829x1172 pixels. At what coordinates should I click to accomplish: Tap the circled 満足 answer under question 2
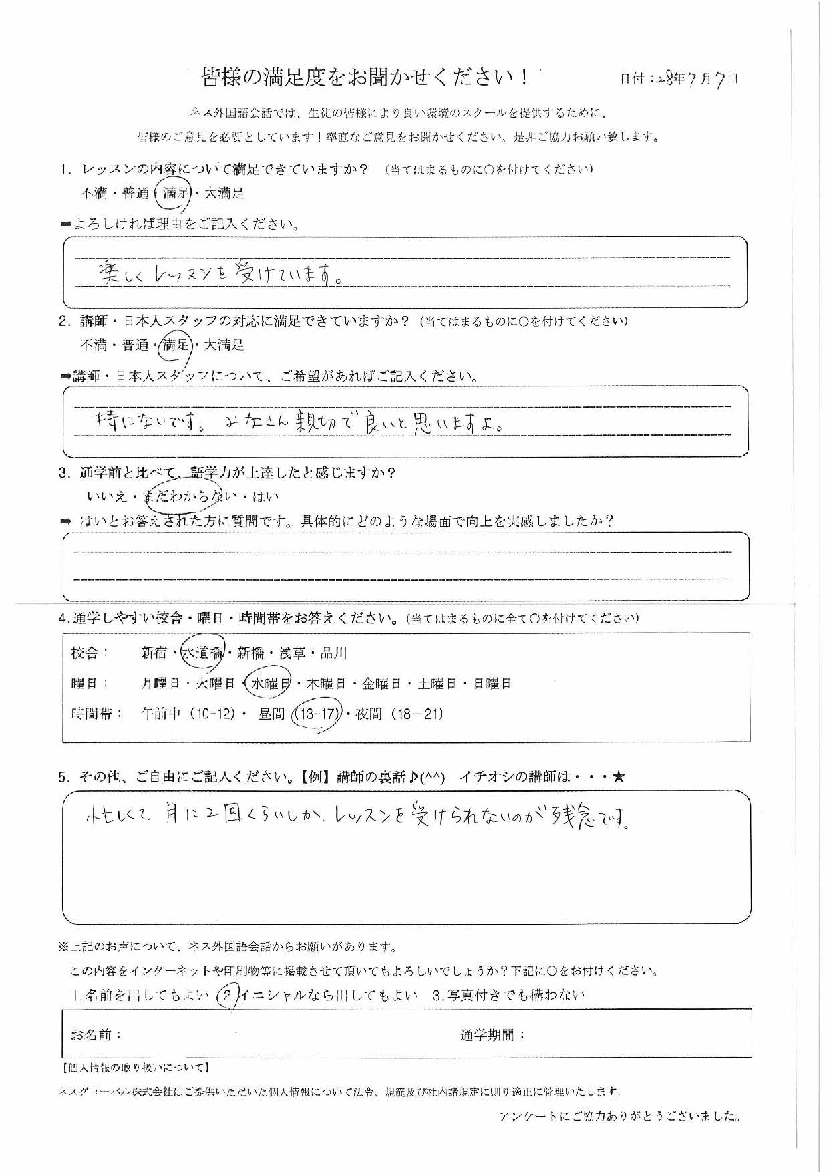(176, 345)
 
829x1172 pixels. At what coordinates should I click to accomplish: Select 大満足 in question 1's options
(224, 194)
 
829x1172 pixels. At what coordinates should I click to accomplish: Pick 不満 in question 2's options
(94, 345)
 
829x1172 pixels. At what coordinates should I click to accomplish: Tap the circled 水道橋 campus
(202, 653)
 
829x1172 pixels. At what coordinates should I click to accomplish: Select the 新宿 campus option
(154, 653)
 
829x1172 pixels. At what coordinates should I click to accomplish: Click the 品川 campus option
(333, 653)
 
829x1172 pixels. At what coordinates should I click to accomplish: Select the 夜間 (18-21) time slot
(399, 714)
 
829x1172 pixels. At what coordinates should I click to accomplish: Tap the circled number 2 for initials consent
(228, 996)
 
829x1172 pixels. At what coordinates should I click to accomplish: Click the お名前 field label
(96, 1035)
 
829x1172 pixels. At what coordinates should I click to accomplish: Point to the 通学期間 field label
(492, 1036)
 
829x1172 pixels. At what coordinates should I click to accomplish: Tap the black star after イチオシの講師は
(619, 776)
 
